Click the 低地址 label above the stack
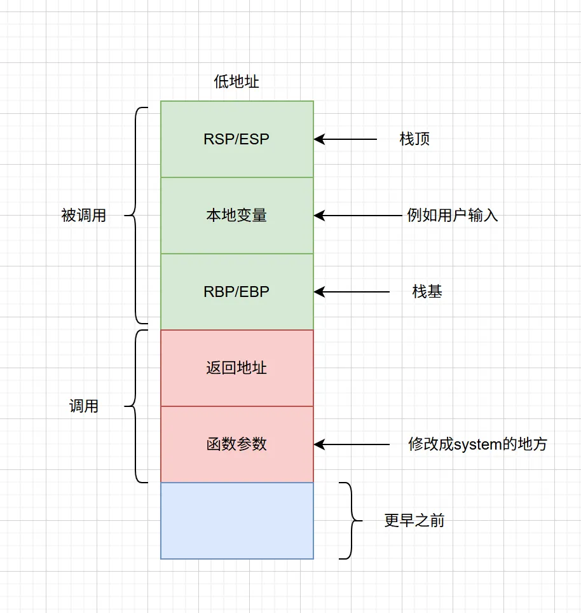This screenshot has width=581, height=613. [x=236, y=82]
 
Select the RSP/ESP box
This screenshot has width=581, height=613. [x=236, y=139]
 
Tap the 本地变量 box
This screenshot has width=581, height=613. [x=236, y=215]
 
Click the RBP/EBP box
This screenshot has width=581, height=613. [x=236, y=291]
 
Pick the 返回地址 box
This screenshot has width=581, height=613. [x=236, y=368]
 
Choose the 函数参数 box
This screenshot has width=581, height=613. [x=236, y=444]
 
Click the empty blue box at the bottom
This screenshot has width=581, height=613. [x=236, y=520]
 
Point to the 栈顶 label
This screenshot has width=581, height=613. [x=414, y=139]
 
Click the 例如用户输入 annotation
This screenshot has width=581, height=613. [x=452, y=215]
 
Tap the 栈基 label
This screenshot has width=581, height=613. [x=427, y=291]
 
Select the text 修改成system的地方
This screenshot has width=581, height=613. [x=477, y=444]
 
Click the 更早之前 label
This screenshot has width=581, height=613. [x=414, y=520]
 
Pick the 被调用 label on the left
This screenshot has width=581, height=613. [x=83, y=215]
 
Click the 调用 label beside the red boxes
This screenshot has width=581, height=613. [x=83, y=406]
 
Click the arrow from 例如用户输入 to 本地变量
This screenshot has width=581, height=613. [x=359, y=215]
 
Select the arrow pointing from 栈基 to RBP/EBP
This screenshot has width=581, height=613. [x=352, y=291]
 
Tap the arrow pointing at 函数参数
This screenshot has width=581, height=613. [x=352, y=444]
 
